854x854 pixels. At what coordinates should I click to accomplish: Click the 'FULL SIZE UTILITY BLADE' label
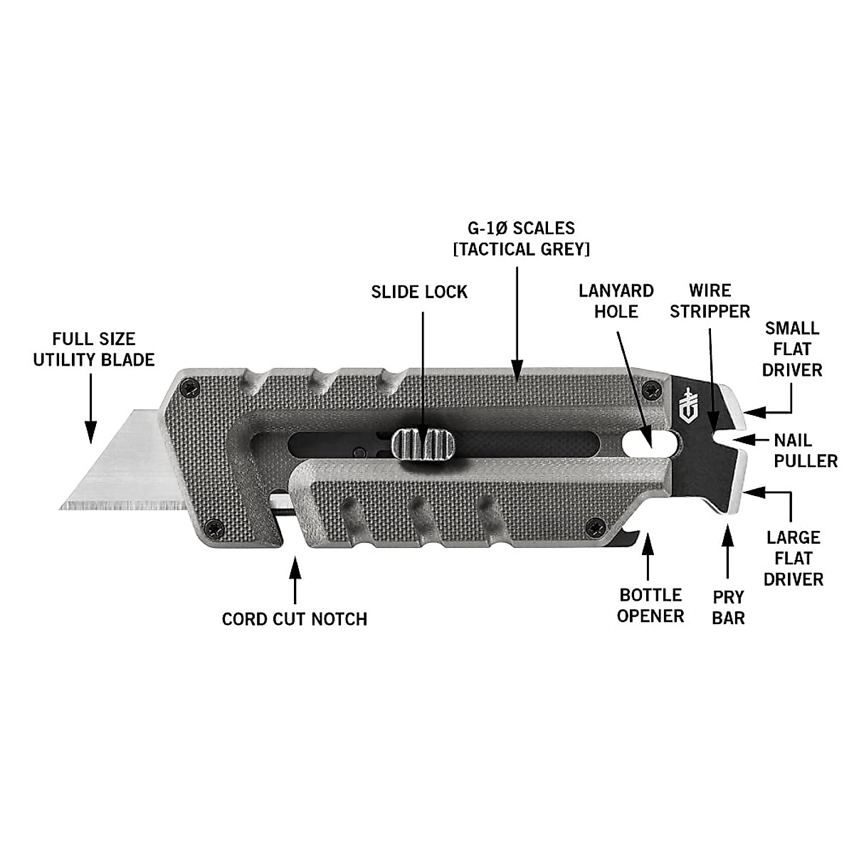[x=94, y=349]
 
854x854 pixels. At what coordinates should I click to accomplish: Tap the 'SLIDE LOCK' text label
[x=419, y=292]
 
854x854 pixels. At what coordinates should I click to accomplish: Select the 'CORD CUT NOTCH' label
[x=295, y=618]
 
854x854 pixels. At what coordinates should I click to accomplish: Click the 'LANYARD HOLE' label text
[x=616, y=301]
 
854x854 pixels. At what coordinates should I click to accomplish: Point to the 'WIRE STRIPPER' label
[x=710, y=301]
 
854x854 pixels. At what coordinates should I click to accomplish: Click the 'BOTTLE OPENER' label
[x=650, y=605]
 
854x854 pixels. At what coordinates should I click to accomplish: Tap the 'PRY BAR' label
[x=728, y=607]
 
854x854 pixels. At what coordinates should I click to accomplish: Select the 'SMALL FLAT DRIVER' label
[x=792, y=349]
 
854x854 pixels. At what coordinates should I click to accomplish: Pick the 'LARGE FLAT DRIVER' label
[x=793, y=558]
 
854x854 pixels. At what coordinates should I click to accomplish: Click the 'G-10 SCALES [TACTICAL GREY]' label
[x=517, y=239]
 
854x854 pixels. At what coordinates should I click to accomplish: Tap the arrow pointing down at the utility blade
[x=90, y=409]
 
